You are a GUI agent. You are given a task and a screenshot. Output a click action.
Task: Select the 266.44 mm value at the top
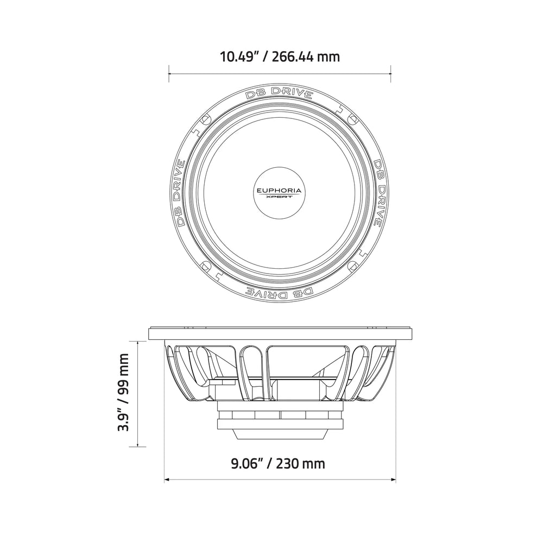tap(306, 56)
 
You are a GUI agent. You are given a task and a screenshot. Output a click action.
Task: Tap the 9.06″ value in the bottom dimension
tap(247, 464)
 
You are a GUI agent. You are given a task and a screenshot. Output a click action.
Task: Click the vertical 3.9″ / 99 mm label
tap(124, 393)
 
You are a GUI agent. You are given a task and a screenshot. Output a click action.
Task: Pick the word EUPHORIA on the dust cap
tap(280, 191)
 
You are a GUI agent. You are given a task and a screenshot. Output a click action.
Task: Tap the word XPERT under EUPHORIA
tap(280, 198)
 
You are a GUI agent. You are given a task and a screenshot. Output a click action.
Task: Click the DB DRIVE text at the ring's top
tap(279, 93)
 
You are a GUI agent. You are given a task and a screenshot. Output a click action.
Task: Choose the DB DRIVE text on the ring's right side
tap(378, 194)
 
